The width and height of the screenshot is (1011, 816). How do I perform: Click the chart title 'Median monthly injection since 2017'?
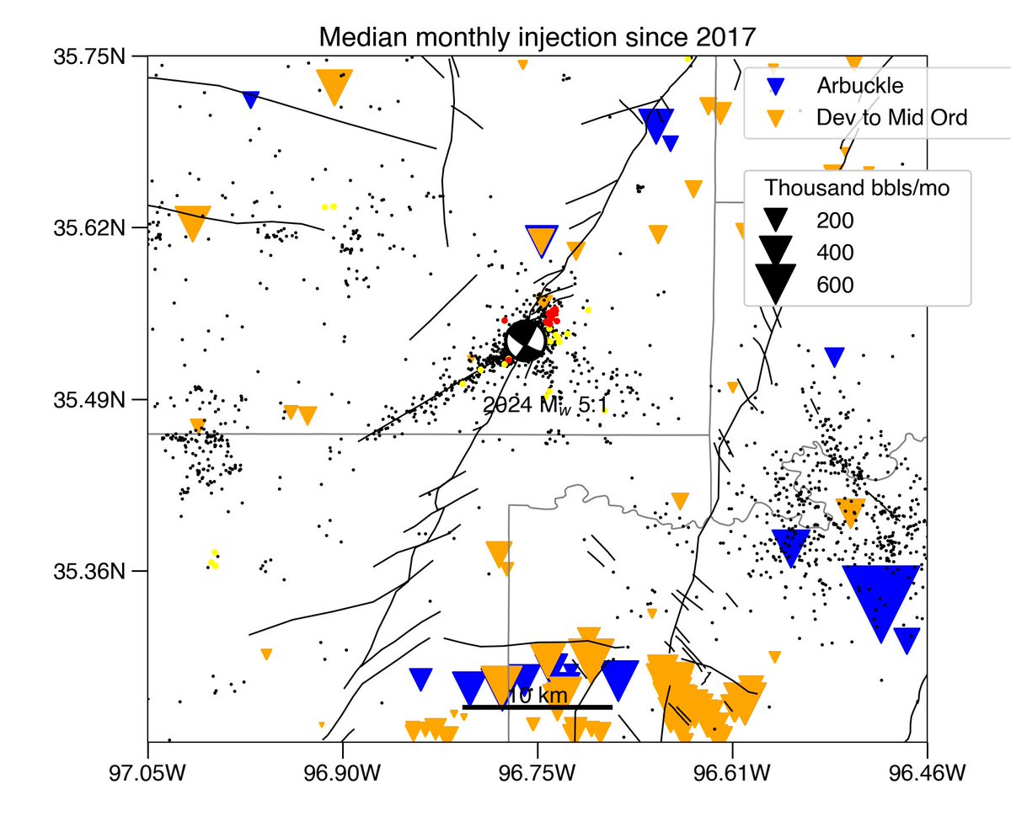point(537,38)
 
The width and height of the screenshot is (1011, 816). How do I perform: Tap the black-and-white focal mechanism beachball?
point(524,340)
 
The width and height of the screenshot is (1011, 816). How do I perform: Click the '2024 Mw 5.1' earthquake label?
point(545,406)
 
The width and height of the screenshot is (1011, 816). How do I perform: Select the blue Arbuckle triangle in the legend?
point(779,86)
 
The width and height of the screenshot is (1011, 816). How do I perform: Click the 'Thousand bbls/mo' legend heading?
point(858,188)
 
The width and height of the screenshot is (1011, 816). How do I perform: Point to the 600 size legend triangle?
point(776,281)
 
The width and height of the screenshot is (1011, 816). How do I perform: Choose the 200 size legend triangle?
point(776,220)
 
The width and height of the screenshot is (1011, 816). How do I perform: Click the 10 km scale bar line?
point(537,707)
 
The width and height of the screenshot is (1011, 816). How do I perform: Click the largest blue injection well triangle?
point(880,597)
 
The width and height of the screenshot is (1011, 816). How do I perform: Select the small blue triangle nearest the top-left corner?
point(251,99)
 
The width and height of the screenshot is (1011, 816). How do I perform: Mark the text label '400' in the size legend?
point(835,253)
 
